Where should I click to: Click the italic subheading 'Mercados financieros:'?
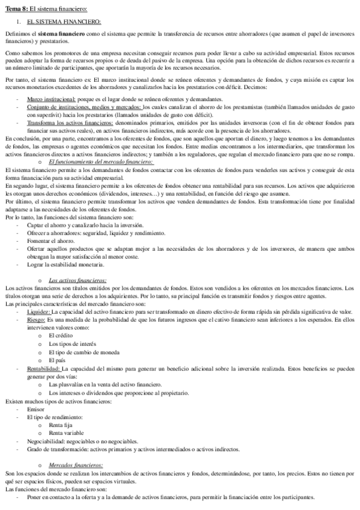pos(76,465)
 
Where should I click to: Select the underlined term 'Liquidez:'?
pos(38,312)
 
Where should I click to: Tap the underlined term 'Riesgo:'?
pos(36,320)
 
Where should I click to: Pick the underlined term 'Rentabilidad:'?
pos(43,367)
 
